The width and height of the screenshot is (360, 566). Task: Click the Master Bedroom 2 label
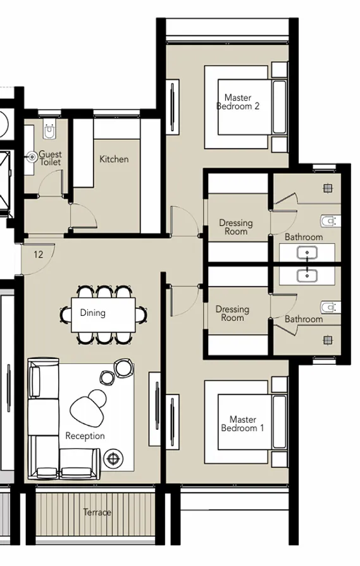tap(238, 102)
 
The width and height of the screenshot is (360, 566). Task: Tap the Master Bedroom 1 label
tap(242, 424)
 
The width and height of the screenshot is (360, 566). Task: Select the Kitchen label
tap(114, 159)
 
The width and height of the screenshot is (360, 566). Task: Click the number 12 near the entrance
tap(39, 255)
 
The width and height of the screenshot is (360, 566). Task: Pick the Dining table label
tap(92, 313)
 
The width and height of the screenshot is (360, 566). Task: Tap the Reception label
tap(85, 436)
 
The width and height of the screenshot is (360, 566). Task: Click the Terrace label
tap(97, 512)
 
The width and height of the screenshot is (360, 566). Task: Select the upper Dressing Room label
tap(235, 227)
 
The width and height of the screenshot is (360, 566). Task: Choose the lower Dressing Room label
tap(232, 313)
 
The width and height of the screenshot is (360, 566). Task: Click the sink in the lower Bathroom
tap(307, 275)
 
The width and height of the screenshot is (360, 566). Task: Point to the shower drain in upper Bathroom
tap(328, 188)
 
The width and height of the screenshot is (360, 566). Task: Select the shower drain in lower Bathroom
tap(328, 340)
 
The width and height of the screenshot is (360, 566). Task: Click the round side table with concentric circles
tap(114, 457)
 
